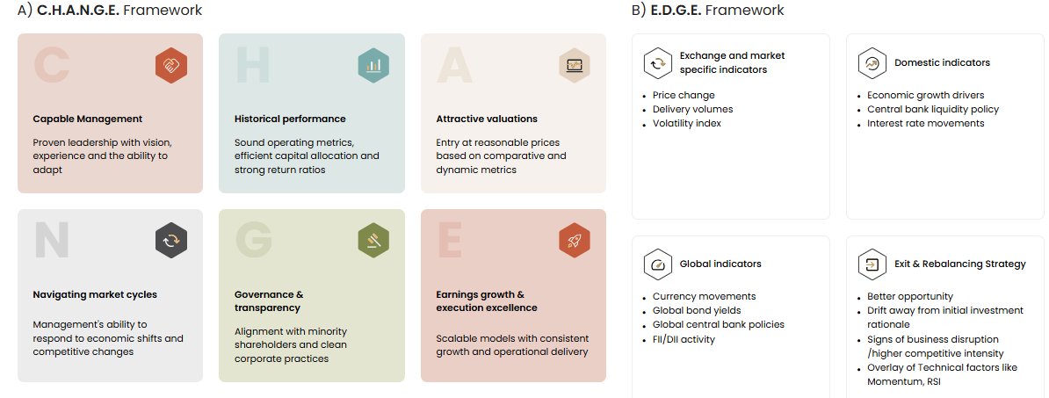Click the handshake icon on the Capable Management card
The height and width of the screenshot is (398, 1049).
171,66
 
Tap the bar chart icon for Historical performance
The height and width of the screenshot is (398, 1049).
373,66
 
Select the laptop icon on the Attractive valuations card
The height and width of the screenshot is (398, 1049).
575,66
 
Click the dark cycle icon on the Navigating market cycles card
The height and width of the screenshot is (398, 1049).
171,241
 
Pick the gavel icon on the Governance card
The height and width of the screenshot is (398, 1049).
373,241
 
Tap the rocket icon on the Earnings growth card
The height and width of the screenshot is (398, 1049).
575,241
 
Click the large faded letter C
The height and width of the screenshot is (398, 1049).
52,66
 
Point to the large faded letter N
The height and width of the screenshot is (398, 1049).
52,241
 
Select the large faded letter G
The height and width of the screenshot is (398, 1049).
254,241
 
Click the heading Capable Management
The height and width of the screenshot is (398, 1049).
88,119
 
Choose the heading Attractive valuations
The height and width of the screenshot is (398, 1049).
487,119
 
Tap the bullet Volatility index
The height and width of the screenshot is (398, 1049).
687,123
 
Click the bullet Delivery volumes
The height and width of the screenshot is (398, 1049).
692,109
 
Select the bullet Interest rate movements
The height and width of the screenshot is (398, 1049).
926,123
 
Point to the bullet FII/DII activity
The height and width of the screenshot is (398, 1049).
684,339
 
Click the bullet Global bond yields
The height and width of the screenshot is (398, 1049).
697,310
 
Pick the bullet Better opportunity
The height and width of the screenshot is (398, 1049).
910,296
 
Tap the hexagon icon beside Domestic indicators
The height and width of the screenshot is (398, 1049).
872,63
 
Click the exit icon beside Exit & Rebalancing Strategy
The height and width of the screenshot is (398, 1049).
872,264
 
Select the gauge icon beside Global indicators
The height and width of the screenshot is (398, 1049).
658,264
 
